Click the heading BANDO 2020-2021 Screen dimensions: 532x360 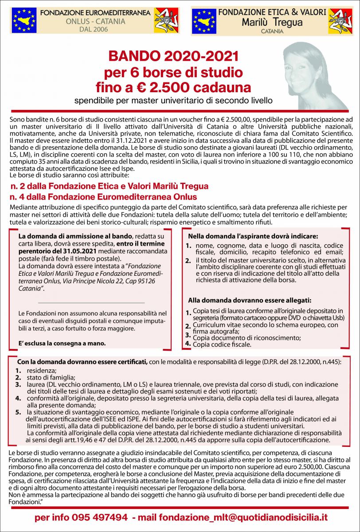[x=174, y=57]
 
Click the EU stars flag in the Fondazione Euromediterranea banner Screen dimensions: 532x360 [x=25, y=20]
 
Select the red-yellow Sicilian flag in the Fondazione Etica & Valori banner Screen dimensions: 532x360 [x=340, y=21]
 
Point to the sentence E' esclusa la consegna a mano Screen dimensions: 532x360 [x=62, y=343]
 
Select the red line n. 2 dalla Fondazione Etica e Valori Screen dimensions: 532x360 [x=109, y=186]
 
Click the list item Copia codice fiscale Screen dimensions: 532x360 [x=222, y=344]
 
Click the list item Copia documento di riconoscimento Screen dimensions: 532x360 [x=247, y=337]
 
